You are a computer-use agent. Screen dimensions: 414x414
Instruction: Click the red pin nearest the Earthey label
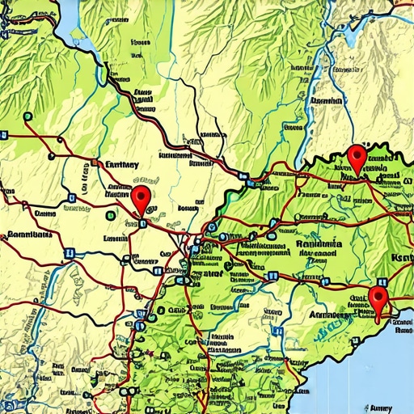click(x=142, y=197)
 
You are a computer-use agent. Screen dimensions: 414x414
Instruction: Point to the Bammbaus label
click(x=29, y=235)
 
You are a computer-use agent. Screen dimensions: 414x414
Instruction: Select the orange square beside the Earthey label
click(x=95, y=163)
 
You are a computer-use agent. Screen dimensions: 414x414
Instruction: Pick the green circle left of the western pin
click(x=109, y=215)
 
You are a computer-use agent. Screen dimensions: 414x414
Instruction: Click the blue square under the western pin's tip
click(x=142, y=222)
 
